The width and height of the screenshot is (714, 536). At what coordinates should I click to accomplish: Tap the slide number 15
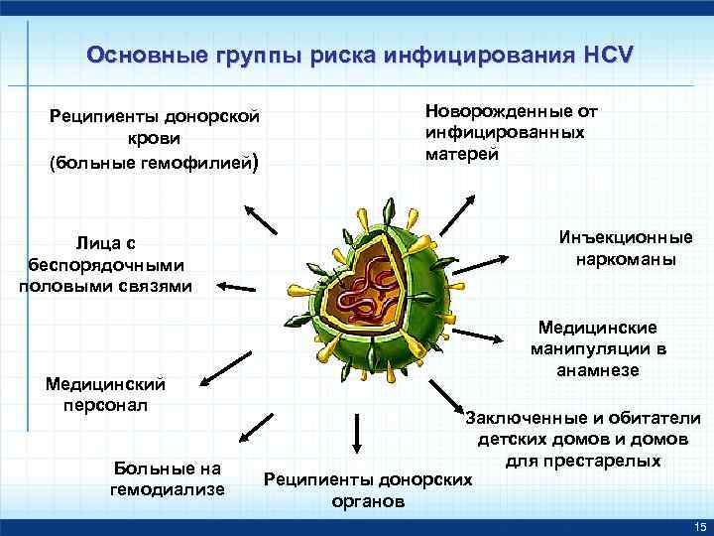pyautogui.click(x=699, y=525)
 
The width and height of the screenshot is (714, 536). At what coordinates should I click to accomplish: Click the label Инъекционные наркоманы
pyautogui.click(x=625, y=248)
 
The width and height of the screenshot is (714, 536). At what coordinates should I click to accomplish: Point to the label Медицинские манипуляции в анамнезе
pyautogui.click(x=603, y=348)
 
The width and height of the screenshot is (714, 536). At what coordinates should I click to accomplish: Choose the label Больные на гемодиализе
pyautogui.click(x=170, y=478)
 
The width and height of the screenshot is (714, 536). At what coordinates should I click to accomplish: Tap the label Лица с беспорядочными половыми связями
pyautogui.click(x=105, y=265)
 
